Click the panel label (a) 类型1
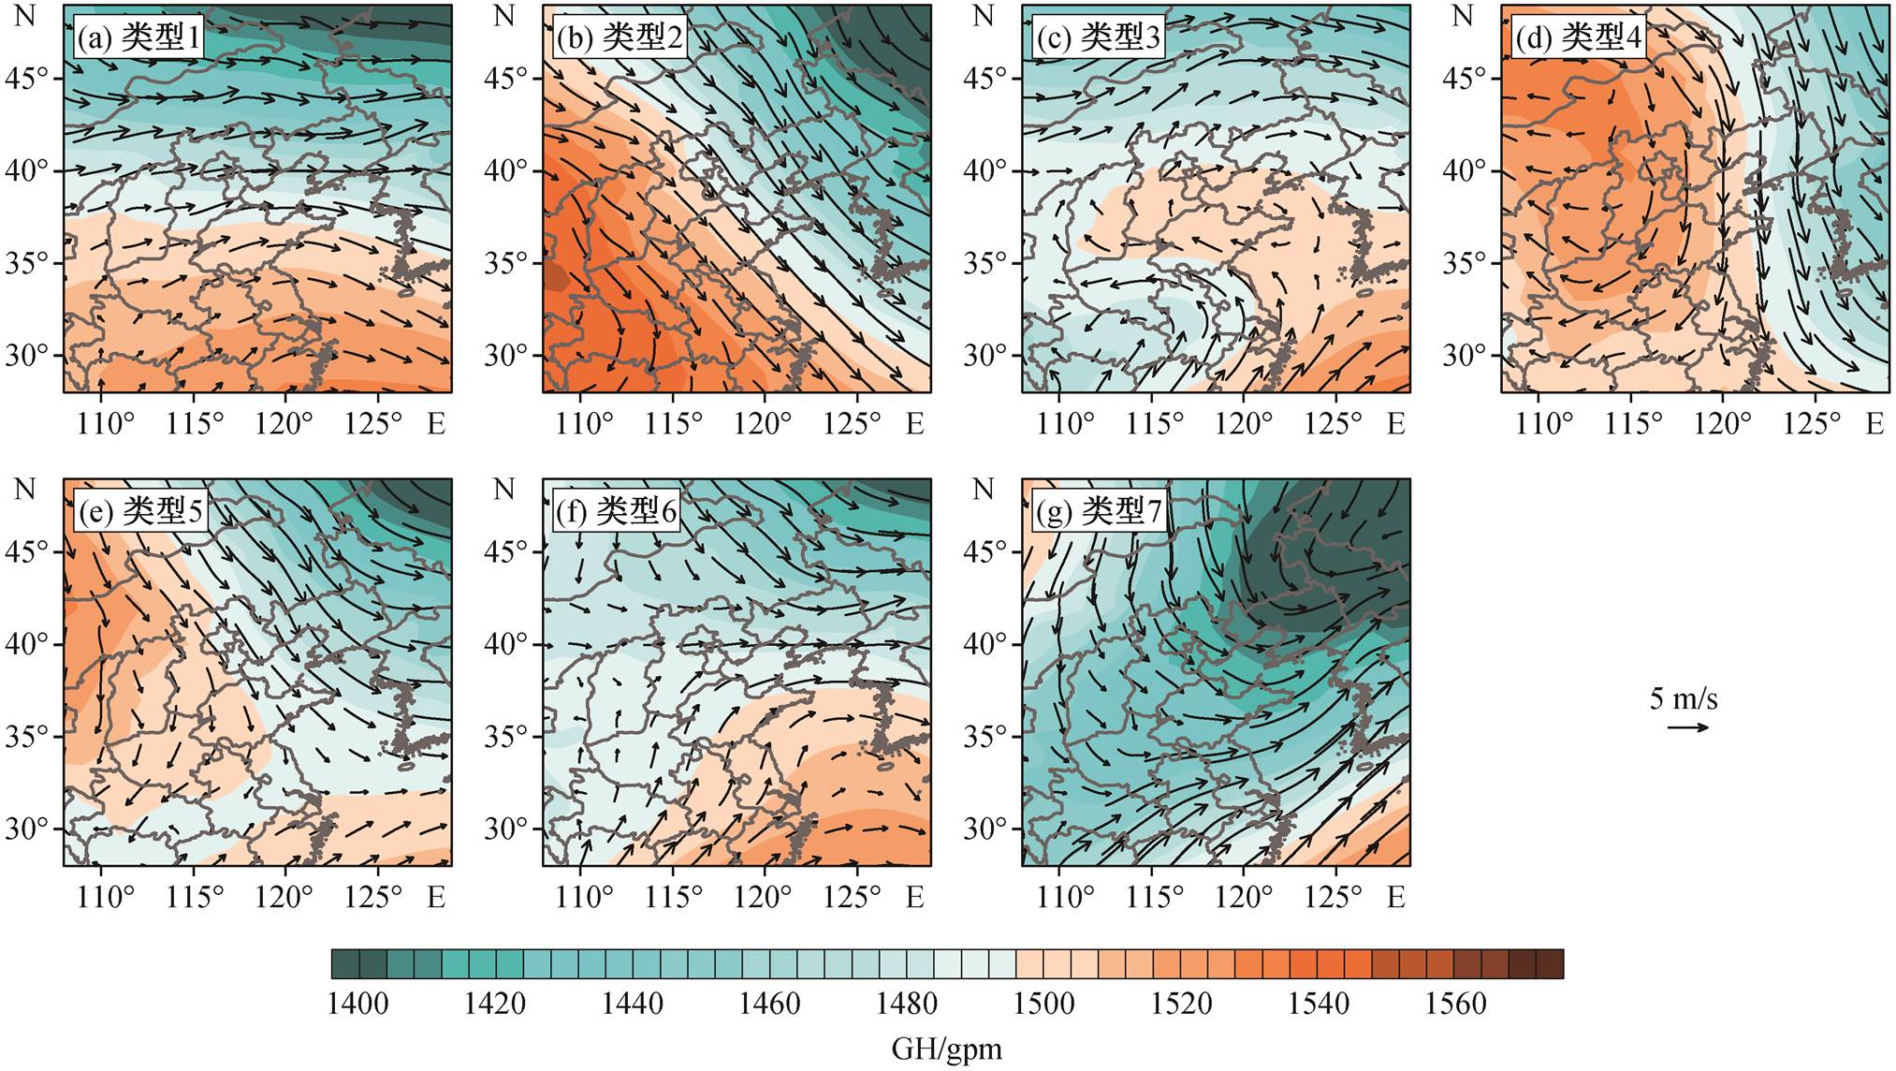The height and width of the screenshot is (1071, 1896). click(139, 37)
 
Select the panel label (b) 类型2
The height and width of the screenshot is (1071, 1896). click(619, 37)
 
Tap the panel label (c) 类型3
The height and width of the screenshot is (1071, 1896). click(1098, 37)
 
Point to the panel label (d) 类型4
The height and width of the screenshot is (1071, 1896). click(1578, 37)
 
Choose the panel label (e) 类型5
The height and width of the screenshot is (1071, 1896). click(139, 511)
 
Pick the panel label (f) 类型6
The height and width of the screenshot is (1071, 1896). click(616, 511)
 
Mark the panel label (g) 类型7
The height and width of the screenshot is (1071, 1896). click(1098, 511)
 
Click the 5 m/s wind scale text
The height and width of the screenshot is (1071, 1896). click(1684, 698)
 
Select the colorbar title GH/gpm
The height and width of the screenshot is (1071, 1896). click(946, 1049)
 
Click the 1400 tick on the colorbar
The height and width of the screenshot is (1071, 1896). click(358, 1005)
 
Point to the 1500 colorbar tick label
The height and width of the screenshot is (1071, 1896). click(1043, 1005)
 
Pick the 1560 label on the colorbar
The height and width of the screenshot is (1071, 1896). click(1455, 1005)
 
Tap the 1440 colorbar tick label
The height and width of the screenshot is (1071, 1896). click(632, 1005)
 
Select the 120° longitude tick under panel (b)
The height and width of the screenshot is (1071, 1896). click(763, 424)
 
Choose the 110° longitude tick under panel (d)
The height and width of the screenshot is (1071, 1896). click(1544, 424)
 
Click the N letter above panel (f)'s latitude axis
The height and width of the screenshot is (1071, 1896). click(504, 489)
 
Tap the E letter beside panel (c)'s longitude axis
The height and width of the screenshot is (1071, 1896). click(1395, 424)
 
